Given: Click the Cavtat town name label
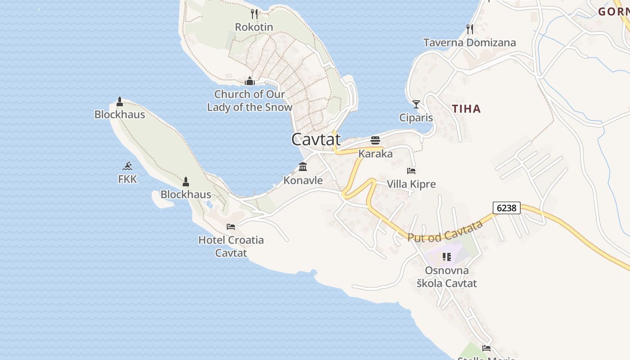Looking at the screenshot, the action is point(315,139).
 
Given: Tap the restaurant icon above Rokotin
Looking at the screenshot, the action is point(254,14).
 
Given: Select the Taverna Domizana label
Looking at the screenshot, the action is point(469,43).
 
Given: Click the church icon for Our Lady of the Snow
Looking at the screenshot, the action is point(249,81).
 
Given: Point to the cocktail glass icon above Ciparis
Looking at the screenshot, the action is point(416,104).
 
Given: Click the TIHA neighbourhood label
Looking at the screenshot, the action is point(466,108).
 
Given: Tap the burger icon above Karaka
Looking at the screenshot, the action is point(375,140).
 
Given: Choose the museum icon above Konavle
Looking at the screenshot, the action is point(303,167).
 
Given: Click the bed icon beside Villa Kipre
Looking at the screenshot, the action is point(411,171).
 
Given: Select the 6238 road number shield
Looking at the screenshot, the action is point(507,208).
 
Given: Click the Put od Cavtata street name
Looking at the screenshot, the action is point(445,231).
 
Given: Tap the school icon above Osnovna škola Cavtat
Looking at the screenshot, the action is point(446,257).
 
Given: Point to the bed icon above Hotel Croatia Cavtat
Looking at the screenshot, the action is point(231,227).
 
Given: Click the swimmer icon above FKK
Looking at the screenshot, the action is point(128,166).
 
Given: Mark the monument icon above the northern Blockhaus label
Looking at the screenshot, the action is point(120,102).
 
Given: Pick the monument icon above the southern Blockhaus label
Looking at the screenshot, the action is point(186,182).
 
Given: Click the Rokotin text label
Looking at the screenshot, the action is point(254,27).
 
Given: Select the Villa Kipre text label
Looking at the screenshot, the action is point(411,184).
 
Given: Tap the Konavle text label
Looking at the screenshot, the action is point(303,180).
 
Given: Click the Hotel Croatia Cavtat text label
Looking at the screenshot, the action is point(231,246).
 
